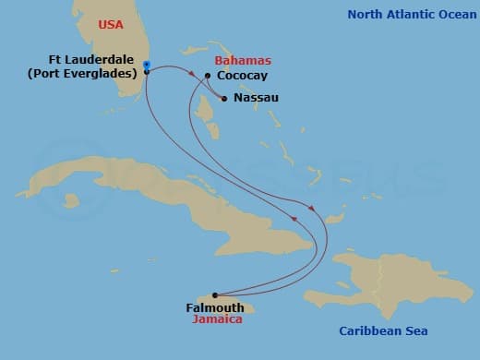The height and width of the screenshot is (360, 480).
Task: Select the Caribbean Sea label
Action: (x=383, y=330)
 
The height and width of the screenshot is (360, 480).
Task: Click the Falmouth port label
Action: (x=215, y=307)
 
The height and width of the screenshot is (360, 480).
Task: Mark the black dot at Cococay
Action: (x=208, y=76)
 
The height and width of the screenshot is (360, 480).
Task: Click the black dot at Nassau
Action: (x=224, y=97)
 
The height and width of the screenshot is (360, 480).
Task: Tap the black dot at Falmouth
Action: (x=215, y=295)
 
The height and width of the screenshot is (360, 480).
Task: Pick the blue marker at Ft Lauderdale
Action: (x=147, y=66)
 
